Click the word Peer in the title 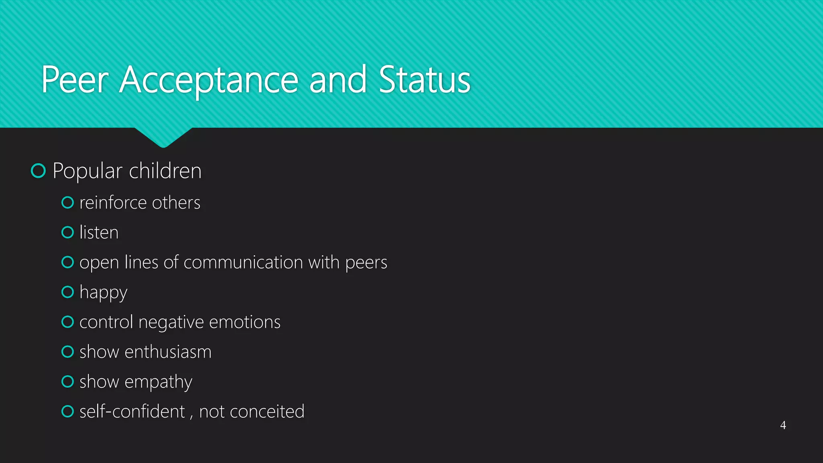click(75, 80)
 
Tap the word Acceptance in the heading click(209, 80)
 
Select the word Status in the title click(424, 80)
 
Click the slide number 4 click(783, 425)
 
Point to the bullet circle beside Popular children click(38, 171)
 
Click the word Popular click(87, 171)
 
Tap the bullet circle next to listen click(68, 232)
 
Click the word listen click(99, 232)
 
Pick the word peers click(366, 262)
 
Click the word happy click(103, 293)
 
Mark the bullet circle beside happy click(68, 292)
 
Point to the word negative click(171, 322)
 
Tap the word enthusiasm click(168, 352)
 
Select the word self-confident click(132, 412)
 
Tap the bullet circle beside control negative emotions click(68, 322)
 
